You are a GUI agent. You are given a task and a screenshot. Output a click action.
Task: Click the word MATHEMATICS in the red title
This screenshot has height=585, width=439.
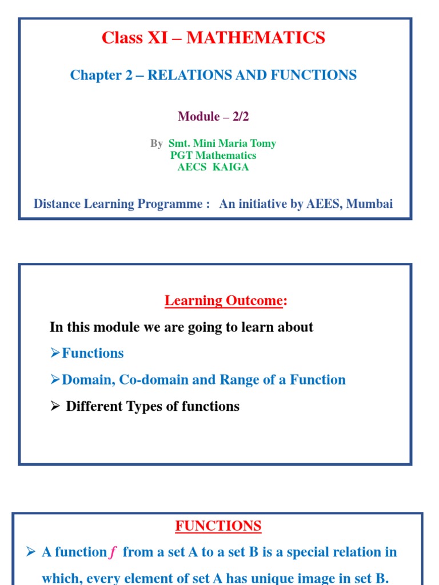click(x=256, y=38)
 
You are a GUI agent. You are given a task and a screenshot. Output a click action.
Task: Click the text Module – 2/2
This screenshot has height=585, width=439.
click(x=213, y=117)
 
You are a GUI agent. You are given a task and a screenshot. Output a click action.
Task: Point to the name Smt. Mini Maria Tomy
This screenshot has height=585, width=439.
click(x=222, y=143)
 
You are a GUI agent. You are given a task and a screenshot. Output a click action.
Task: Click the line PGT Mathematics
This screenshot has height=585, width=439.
click(x=213, y=155)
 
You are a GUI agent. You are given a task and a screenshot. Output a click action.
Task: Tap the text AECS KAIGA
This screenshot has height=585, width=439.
click(x=213, y=167)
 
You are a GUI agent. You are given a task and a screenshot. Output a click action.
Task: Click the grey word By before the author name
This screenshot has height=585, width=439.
click(x=157, y=143)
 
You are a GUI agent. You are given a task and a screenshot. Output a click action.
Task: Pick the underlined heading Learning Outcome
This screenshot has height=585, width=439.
click(x=224, y=300)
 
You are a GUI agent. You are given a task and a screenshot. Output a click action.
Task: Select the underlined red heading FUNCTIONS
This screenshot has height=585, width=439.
click(x=218, y=526)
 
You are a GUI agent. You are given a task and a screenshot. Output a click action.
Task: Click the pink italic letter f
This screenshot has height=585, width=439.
click(x=113, y=552)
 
